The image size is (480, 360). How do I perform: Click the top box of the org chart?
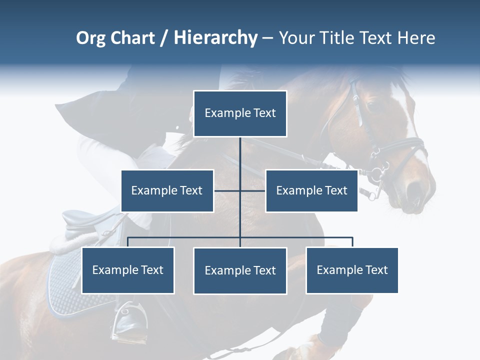tap(240, 113)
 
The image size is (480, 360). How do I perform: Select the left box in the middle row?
tap(167, 190)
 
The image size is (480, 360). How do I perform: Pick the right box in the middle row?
tap(311, 190)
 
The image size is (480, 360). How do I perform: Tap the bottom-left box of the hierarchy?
tap(128, 270)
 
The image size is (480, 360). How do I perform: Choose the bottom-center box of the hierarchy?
tap(240, 270)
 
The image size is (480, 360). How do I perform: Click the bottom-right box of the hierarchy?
tap(352, 270)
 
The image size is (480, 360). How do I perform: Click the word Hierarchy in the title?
tap(215, 38)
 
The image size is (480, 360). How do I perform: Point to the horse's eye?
tap(371, 106)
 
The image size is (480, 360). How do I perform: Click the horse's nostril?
tap(414, 189)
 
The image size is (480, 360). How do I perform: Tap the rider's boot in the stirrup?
tap(131, 320)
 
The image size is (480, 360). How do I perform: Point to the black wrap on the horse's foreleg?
tap(340, 320)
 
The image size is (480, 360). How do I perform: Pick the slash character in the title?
tap(163, 38)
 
